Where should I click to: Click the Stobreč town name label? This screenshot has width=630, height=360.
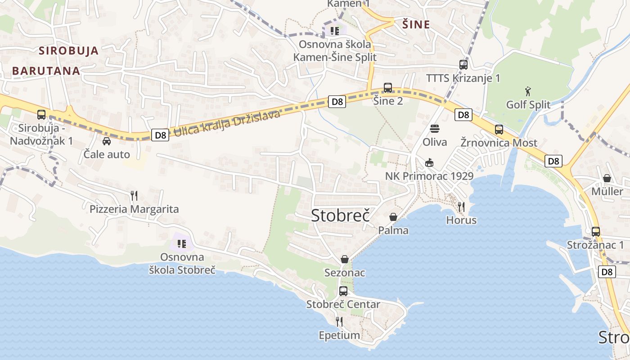pos(340,216)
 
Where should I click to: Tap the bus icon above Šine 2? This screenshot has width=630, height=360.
pos(388,88)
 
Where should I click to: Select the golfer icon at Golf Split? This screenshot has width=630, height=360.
pos(528,91)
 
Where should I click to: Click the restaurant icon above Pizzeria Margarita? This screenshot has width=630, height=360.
pos(134,195)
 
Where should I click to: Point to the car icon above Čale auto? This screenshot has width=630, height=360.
pos(107,141)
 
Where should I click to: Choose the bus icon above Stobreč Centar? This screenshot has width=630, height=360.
pos(343,291)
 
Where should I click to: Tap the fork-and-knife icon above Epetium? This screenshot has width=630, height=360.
pos(339,321)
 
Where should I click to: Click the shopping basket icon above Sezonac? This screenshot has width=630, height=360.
pos(345,259)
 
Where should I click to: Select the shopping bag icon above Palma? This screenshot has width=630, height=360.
pos(393,217)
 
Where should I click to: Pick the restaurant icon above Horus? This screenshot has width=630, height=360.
pos(461,207)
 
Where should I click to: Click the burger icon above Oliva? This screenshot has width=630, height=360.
pos(435,129)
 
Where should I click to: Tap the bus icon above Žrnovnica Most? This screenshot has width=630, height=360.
pos(499,130)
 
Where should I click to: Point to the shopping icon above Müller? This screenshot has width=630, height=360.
pos(607,178)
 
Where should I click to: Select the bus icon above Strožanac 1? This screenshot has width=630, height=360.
pos(595,232)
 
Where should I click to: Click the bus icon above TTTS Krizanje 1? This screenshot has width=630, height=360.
pos(463,64)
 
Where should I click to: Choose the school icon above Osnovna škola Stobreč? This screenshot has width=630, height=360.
pos(182,244)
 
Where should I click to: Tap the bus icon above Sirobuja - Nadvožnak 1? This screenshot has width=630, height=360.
pos(41,114)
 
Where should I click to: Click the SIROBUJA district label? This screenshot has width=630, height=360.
pos(68,50)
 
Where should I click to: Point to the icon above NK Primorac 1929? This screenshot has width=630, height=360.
pos(429,162)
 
